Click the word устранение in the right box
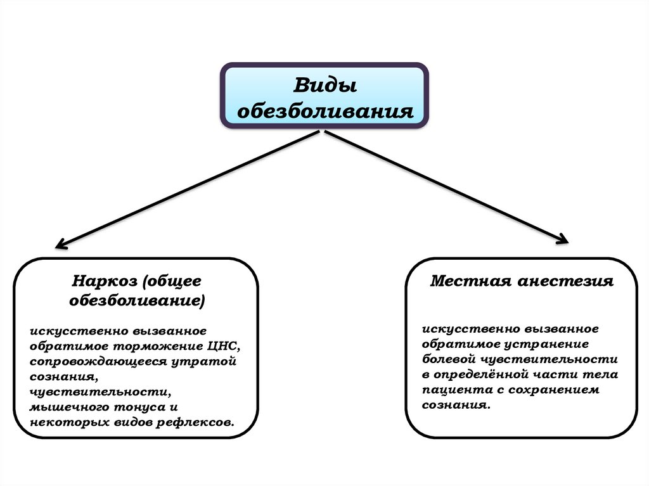pyautogui.click(x=546, y=344)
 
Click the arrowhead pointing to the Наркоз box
pyautogui.click(x=60, y=244)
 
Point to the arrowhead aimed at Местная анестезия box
pyautogui.click(x=563, y=240)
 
